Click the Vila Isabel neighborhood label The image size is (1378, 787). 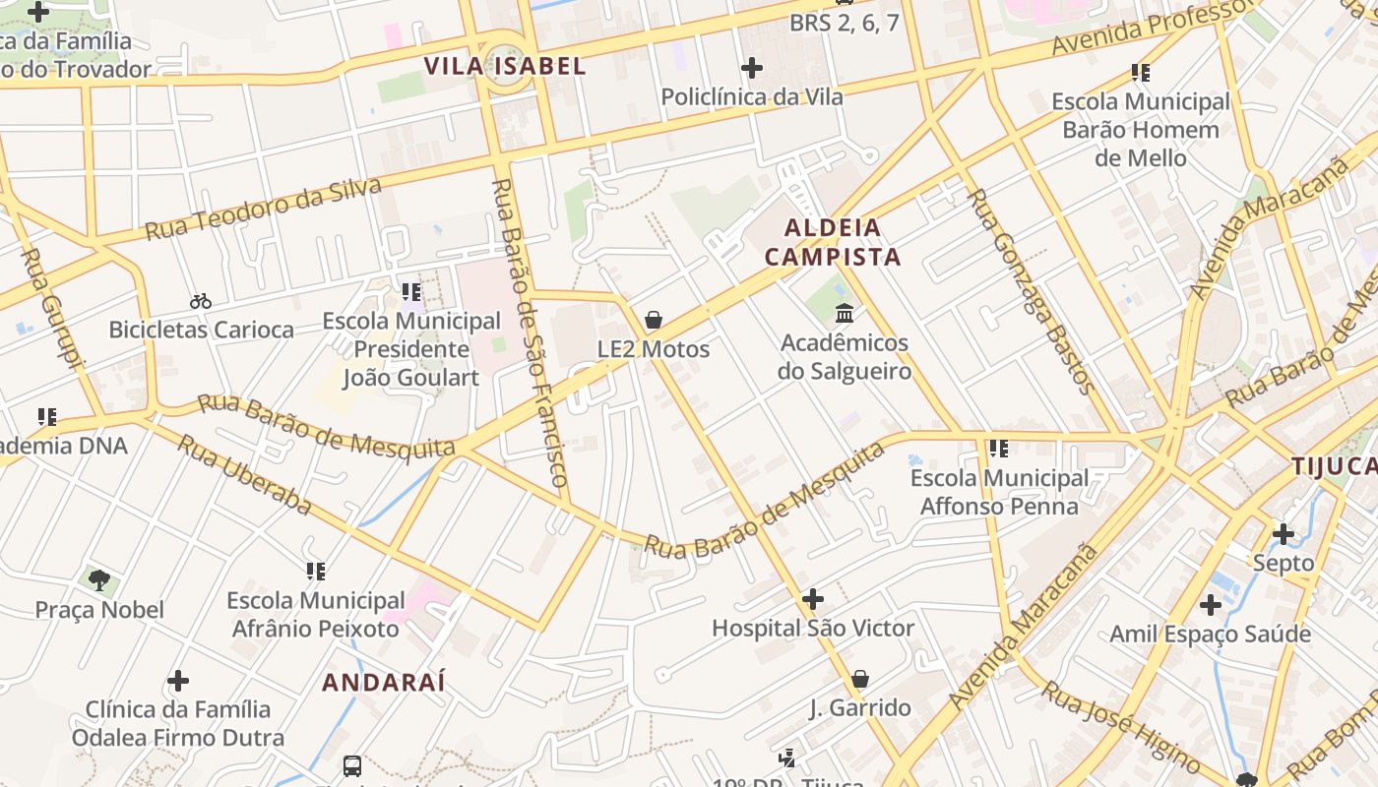[x=504, y=66]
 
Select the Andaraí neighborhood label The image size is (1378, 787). [x=384, y=682]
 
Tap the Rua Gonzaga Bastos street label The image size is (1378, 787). [x=1032, y=291]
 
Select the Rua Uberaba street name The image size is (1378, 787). [x=244, y=474]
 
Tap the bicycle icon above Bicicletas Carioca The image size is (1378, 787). [x=201, y=301]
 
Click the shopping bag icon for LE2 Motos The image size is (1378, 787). [x=653, y=321]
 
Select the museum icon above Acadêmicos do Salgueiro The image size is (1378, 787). [x=845, y=314]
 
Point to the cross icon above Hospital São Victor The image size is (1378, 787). [x=813, y=599]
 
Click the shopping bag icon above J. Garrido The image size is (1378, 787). [x=860, y=679]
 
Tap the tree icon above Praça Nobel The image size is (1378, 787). [x=99, y=580]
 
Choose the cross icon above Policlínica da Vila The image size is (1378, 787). [x=752, y=68]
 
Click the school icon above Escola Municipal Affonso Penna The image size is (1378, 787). [x=999, y=449]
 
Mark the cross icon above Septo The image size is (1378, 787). [x=1284, y=534]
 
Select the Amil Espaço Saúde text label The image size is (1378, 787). [x=1210, y=634]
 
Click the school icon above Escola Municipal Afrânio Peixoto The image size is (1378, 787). [x=315, y=571]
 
